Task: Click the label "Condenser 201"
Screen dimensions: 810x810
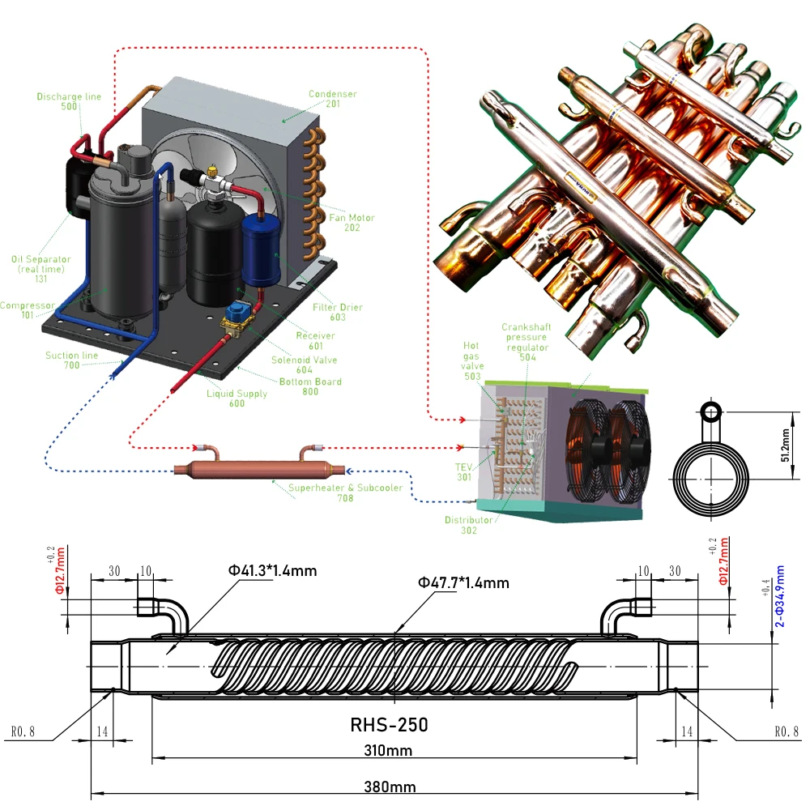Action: [x=332, y=99]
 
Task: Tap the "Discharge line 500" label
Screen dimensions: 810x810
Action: [x=69, y=102]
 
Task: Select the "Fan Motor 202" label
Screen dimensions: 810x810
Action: [x=352, y=223]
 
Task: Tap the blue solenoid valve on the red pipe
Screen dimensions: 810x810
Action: [x=240, y=315]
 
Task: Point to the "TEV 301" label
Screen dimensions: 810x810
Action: [x=463, y=472]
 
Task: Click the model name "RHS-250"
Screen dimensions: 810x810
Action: [x=389, y=724]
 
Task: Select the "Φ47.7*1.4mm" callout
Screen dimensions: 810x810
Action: [x=463, y=582]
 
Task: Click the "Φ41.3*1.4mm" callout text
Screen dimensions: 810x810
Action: [x=272, y=571]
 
